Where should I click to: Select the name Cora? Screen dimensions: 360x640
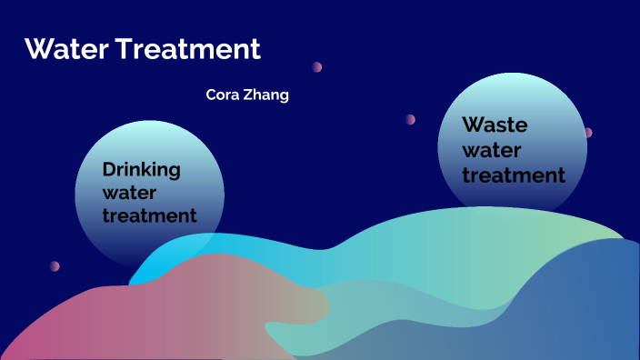tap(223, 95)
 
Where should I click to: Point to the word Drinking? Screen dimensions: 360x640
tap(141, 169)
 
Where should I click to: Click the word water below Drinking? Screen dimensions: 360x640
tap(130, 193)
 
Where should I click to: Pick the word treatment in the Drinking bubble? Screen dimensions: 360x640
tap(149, 216)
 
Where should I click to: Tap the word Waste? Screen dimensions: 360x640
tap(495, 125)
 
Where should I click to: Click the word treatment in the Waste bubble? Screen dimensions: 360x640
tap(514, 174)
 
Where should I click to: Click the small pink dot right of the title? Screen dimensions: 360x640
tap(317, 66)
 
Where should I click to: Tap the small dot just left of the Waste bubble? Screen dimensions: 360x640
tap(410, 119)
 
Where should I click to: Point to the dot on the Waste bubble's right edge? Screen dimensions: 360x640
tap(587, 133)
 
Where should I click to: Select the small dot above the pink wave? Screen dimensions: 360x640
tap(55, 266)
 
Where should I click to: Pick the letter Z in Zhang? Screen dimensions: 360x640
tap(248, 95)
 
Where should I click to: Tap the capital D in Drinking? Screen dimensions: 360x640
tap(108, 169)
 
